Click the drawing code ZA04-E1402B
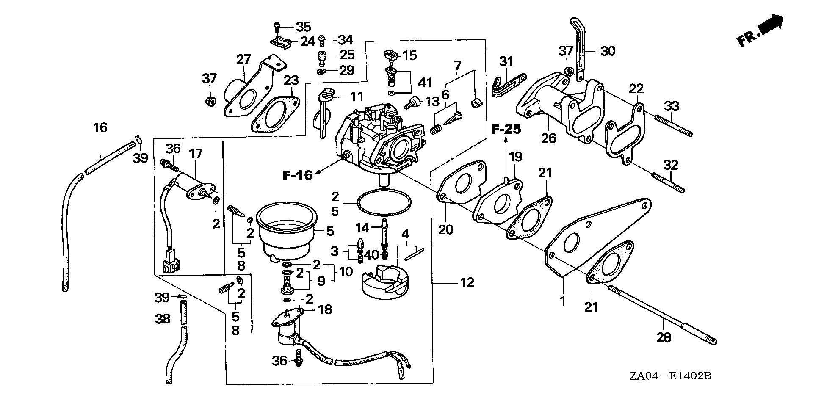(669, 376)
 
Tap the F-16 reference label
(297, 174)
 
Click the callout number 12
(467, 282)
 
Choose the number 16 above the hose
(100, 127)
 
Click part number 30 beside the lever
(608, 51)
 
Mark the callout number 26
(549, 138)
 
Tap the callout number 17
(196, 154)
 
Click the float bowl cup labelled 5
(287, 231)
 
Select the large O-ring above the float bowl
(384, 203)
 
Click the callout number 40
(371, 255)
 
